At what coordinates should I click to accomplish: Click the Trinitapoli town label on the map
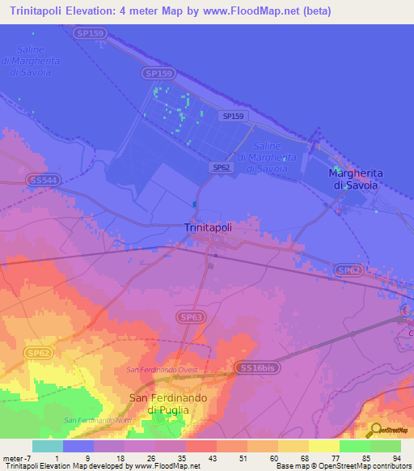click(x=208, y=228)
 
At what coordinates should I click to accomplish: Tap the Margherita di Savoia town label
click(x=356, y=180)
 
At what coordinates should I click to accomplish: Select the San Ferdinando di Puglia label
click(x=159, y=404)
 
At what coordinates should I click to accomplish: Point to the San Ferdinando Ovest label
click(x=162, y=370)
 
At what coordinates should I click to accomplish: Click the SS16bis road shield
click(x=260, y=367)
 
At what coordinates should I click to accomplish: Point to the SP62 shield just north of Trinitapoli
click(x=222, y=168)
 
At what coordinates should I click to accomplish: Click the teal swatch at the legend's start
click(x=48, y=446)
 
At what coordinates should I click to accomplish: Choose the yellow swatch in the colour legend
click(x=323, y=446)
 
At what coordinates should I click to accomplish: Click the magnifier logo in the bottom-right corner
click(x=375, y=431)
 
